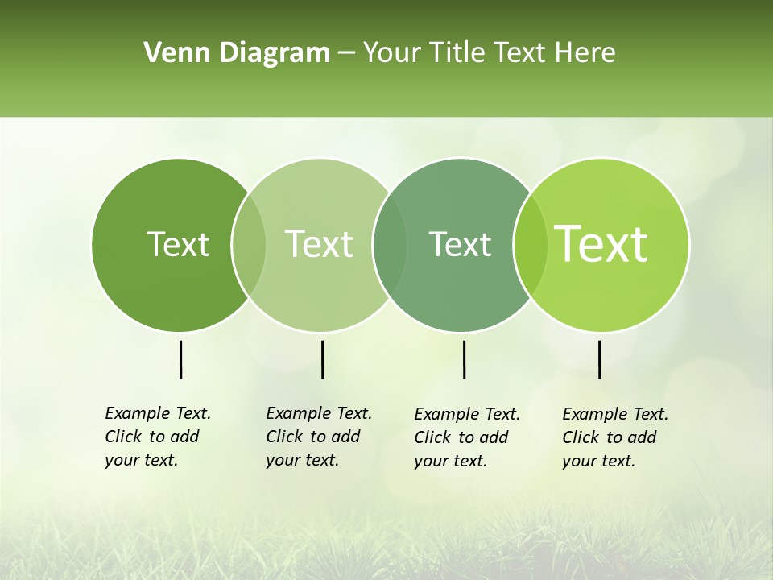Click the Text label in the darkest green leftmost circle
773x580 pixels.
click(178, 244)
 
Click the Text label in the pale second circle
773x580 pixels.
click(319, 244)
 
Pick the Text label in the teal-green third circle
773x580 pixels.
click(460, 244)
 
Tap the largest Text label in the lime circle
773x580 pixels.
click(601, 244)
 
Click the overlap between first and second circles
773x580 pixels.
click(249, 245)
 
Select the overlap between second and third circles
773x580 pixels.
click(390, 245)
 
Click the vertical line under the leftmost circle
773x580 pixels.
click(181, 359)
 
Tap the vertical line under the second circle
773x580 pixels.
click(322, 359)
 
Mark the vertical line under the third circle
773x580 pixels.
click(464, 359)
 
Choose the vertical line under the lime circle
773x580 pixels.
click(599, 359)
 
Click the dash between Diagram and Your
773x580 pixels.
click(346, 54)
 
